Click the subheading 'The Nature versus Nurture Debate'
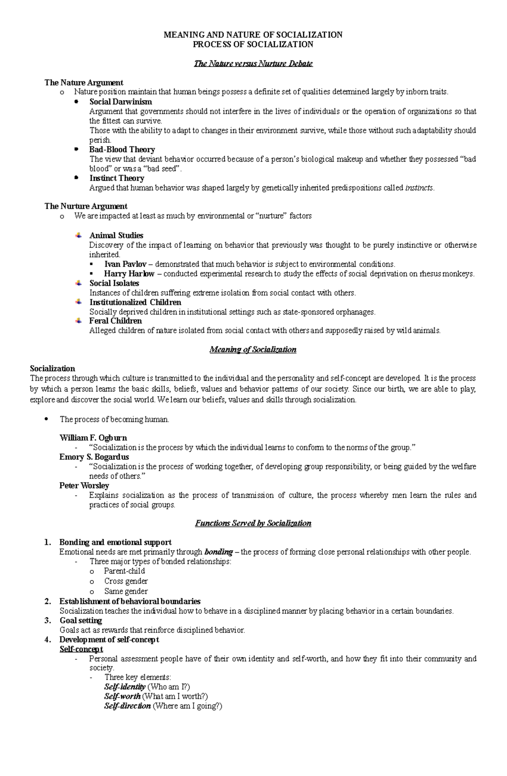pyautogui.click(x=253, y=64)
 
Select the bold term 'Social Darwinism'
pyautogui.click(x=120, y=102)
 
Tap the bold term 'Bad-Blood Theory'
pyautogui.click(x=122, y=150)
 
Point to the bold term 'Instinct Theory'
pyautogui.click(x=117, y=178)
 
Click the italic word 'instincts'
pyautogui.click(x=419, y=188)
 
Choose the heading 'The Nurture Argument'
pyautogui.click(x=86, y=206)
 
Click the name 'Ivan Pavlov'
pyautogui.click(x=125, y=264)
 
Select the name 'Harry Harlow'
pyautogui.click(x=129, y=274)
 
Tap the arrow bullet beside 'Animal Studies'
pyautogui.click(x=78, y=235)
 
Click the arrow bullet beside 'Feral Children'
pyautogui.click(x=78, y=321)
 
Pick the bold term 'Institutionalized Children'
pyautogui.click(x=135, y=302)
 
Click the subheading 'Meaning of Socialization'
pyautogui.click(x=253, y=350)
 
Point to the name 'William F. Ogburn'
pyautogui.click(x=93, y=438)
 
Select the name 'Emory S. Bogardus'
pyautogui.click(x=94, y=457)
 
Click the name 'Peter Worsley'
pyautogui.click(x=84, y=486)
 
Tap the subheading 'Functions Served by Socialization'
pyautogui.click(x=253, y=524)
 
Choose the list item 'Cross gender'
pyautogui.click(x=126, y=581)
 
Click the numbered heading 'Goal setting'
pyautogui.click(x=81, y=621)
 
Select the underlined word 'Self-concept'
pyautogui.click(x=81, y=649)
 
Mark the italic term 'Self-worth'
pyautogui.click(x=122, y=696)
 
